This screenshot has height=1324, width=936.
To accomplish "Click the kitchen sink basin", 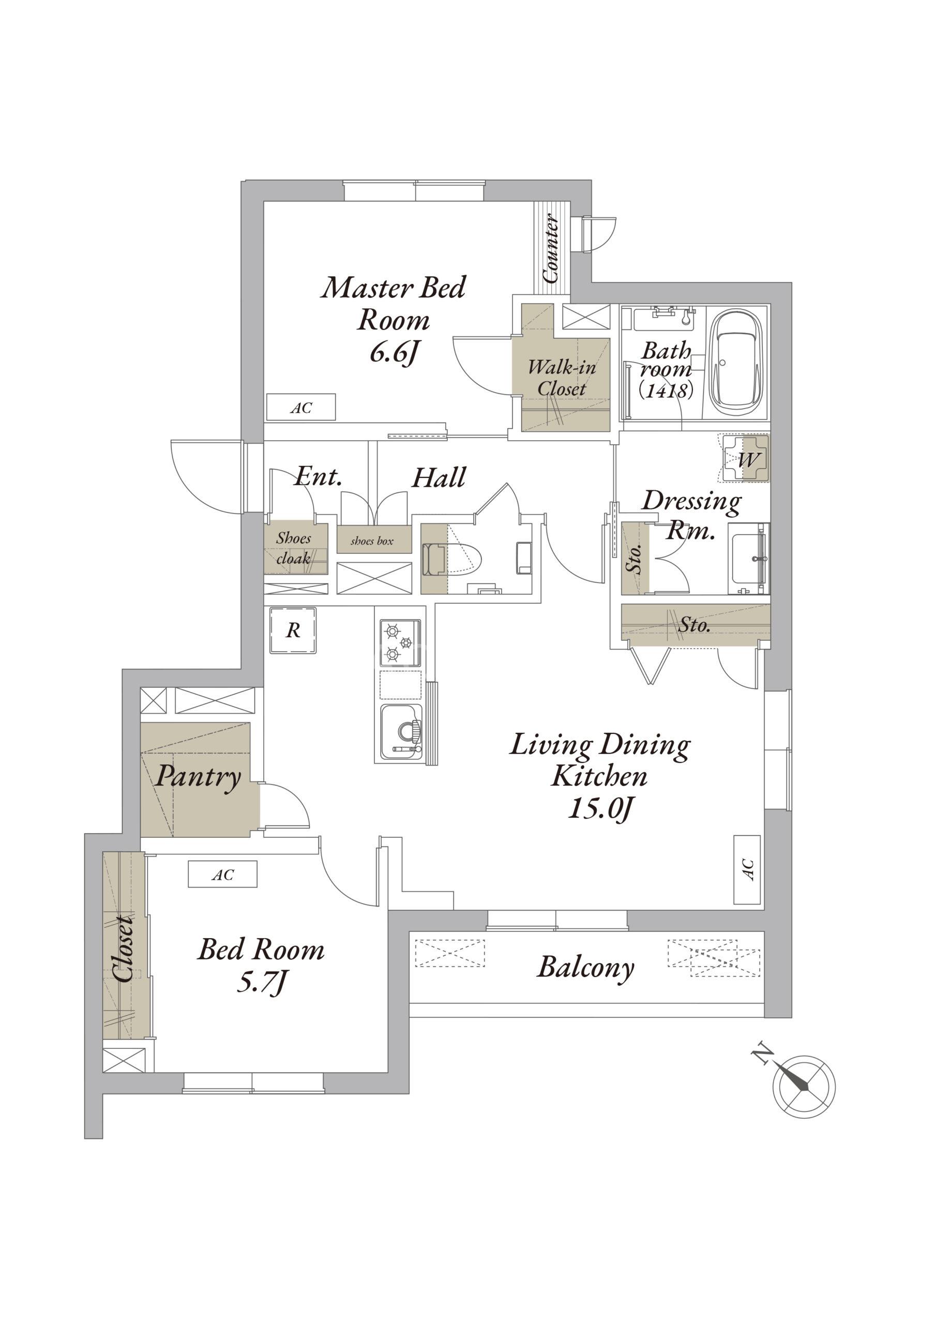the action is tap(401, 731).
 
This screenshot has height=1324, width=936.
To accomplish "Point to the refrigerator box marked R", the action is tap(294, 630).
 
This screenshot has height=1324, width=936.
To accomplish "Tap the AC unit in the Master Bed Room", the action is tap(301, 408).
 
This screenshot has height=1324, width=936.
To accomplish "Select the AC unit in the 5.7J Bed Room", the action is tap(222, 875).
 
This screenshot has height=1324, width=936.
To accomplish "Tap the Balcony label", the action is tap(585, 967).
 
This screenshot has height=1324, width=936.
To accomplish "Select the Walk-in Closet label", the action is tap(561, 378).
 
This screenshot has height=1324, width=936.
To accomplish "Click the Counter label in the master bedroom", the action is tap(551, 249).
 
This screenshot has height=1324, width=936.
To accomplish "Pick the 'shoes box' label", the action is tap(372, 541).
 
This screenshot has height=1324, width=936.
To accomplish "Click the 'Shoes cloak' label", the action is tap(294, 548).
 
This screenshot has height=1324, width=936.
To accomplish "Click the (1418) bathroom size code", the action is tap(666, 390).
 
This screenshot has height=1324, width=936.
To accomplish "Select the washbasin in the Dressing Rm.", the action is tap(749, 558).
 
